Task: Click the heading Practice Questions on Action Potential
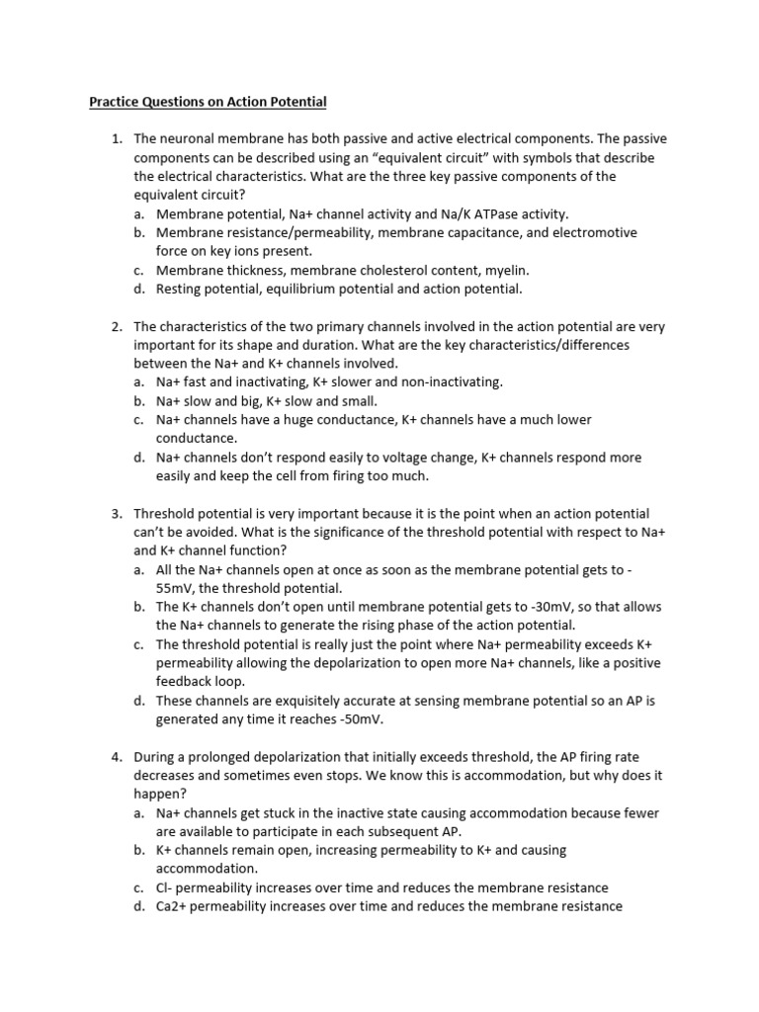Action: click(208, 102)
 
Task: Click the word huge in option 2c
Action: click(302, 420)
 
